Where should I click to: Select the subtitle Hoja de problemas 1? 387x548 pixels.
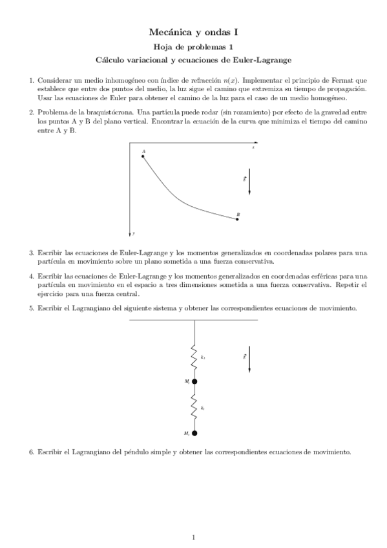[x=193, y=47]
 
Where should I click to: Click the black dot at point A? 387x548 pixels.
[x=143, y=156]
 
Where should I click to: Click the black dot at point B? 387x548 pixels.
[x=238, y=220]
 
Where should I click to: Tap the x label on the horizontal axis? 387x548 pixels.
[x=253, y=148]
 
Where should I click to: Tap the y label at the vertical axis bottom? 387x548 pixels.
[x=134, y=231]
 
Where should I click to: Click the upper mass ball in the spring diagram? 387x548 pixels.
[x=194, y=381]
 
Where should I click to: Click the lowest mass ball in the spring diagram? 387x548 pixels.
[x=194, y=432]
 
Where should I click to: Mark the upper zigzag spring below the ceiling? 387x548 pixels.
[x=194, y=357]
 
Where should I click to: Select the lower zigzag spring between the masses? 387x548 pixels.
[x=194, y=408]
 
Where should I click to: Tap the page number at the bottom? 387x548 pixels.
[x=194, y=537]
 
